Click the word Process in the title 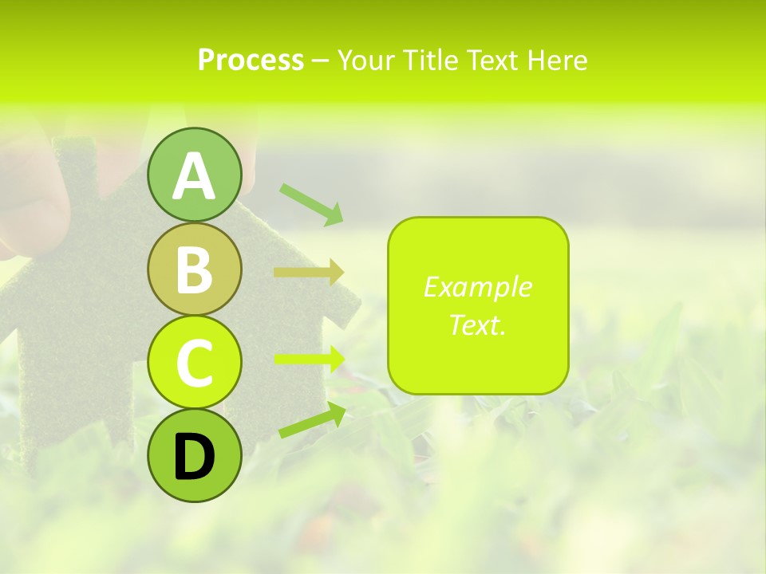point(251,61)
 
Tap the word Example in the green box point(477,287)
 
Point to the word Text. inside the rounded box point(477,324)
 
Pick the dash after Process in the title point(320,61)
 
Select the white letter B point(194,269)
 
